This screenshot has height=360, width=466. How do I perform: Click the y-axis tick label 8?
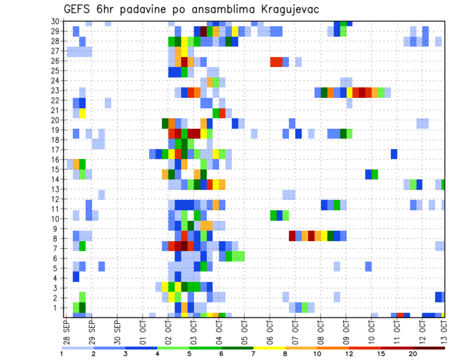(x=57, y=238)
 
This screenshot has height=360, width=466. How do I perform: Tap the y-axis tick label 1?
(x=57, y=308)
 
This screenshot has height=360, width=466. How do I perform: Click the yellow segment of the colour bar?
(x=269, y=348)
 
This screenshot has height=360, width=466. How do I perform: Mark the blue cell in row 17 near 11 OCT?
(x=394, y=154)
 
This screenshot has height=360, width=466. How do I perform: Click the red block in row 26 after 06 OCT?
(x=276, y=62)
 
